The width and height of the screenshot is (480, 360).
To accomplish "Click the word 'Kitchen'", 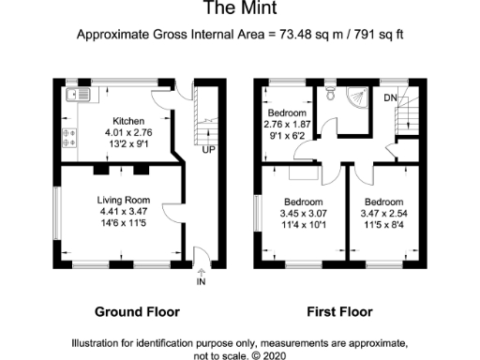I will click(128, 122).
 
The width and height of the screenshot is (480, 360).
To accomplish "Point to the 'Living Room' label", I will click(124, 200).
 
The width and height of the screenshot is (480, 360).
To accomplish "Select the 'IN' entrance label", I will click(201, 280).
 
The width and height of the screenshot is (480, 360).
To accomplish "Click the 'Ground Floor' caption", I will click(137, 312).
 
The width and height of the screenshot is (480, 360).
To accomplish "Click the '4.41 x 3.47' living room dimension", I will click(124, 212).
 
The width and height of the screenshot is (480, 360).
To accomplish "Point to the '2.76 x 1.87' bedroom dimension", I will click(288, 125).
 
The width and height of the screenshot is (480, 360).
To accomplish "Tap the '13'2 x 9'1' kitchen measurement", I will click(128, 144).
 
